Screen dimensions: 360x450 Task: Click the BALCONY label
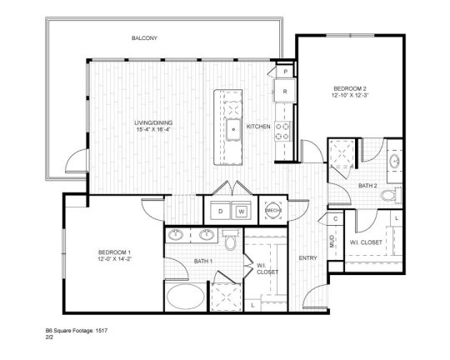click(144, 38)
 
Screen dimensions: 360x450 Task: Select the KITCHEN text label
click(258, 126)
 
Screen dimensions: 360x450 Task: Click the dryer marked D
click(219, 212)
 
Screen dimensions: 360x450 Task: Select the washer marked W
click(241, 212)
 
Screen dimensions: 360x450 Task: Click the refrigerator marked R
click(285, 92)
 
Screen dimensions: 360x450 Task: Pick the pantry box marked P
click(285, 72)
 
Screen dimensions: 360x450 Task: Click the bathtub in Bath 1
click(185, 296)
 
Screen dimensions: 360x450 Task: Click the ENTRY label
click(307, 258)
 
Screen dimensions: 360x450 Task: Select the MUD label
click(332, 242)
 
